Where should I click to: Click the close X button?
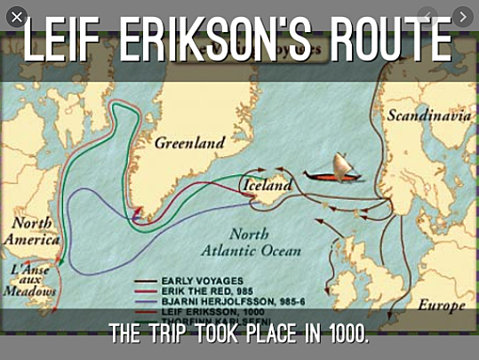tap(16, 16)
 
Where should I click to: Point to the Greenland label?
tap(188, 142)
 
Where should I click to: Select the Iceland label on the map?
tap(266, 187)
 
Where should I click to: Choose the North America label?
tap(32, 231)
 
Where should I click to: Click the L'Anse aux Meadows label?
tap(32, 278)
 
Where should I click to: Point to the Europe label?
tap(442, 305)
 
